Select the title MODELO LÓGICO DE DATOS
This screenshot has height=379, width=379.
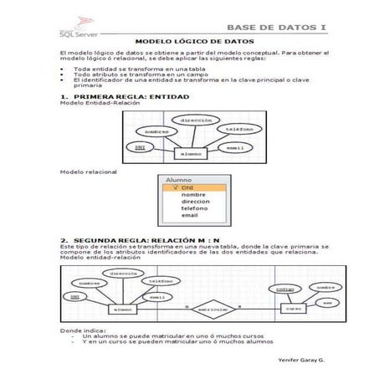195,40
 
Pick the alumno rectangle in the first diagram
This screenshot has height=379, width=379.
191,154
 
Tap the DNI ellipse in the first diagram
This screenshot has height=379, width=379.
140,147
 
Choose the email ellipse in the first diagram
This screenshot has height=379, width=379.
235,147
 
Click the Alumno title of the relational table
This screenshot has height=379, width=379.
178,180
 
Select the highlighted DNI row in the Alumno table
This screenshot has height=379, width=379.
192,188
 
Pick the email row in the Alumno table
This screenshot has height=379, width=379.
190,215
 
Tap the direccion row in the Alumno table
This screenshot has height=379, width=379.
195,202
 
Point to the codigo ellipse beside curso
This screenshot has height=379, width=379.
284,289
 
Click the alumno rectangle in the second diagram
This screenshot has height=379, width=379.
122,310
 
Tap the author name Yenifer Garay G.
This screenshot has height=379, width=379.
300,358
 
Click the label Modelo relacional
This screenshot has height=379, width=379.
89,172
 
